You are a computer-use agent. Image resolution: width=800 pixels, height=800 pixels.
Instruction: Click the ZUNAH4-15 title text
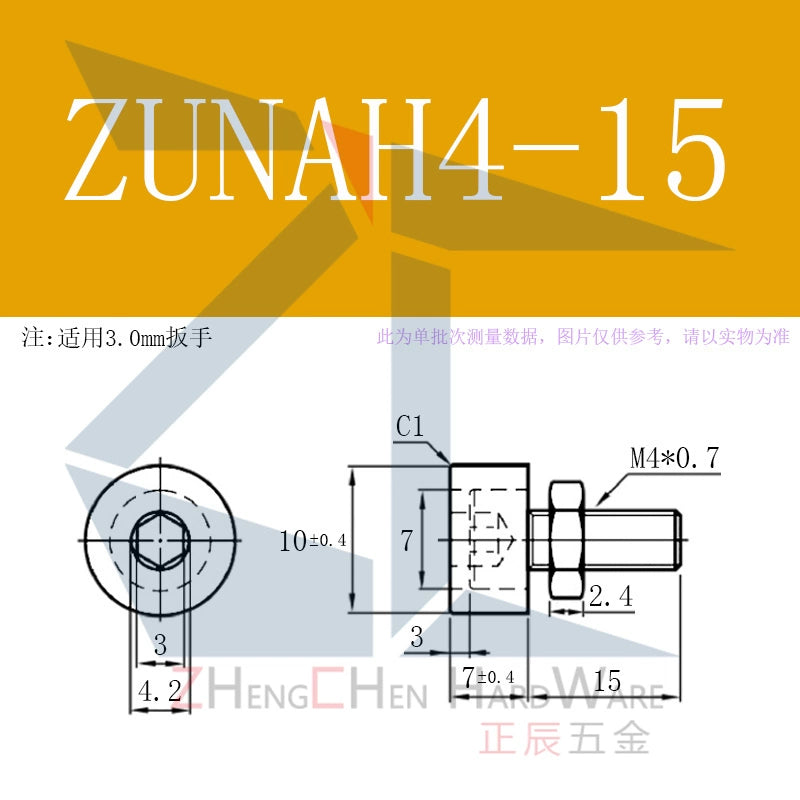click(x=395, y=149)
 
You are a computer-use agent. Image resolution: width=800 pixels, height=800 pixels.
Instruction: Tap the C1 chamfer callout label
click(x=410, y=427)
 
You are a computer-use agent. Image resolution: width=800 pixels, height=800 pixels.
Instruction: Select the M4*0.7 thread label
click(x=674, y=458)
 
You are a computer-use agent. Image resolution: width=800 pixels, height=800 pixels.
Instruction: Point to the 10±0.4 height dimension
click(x=313, y=541)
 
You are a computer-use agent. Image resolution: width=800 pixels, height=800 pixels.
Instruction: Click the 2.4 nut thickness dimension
click(x=611, y=595)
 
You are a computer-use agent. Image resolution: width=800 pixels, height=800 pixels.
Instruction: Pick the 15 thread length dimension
click(x=607, y=681)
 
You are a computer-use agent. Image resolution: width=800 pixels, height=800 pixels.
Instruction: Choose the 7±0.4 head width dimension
click(x=488, y=677)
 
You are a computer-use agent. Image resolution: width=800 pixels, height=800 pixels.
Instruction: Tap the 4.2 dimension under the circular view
click(x=160, y=691)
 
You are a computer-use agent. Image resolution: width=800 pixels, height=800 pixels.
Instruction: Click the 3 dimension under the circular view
click(x=160, y=645)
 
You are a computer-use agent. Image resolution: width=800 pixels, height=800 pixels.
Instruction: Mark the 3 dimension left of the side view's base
click(x=417, y=637)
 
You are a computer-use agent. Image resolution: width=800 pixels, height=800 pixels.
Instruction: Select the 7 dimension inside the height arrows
click(x=406, y=541)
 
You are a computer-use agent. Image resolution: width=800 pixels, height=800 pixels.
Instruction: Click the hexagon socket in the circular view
click(x=160, y=540)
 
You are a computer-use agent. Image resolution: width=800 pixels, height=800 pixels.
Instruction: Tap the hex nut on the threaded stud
click(x=566, y=540)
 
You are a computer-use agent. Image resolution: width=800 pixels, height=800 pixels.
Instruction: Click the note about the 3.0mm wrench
click(x=116, y=337)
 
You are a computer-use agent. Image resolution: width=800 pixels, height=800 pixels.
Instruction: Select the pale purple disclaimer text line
click(x=583, y=337)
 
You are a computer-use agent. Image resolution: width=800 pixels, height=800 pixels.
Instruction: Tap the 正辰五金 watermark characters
click(x=564, y=738)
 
